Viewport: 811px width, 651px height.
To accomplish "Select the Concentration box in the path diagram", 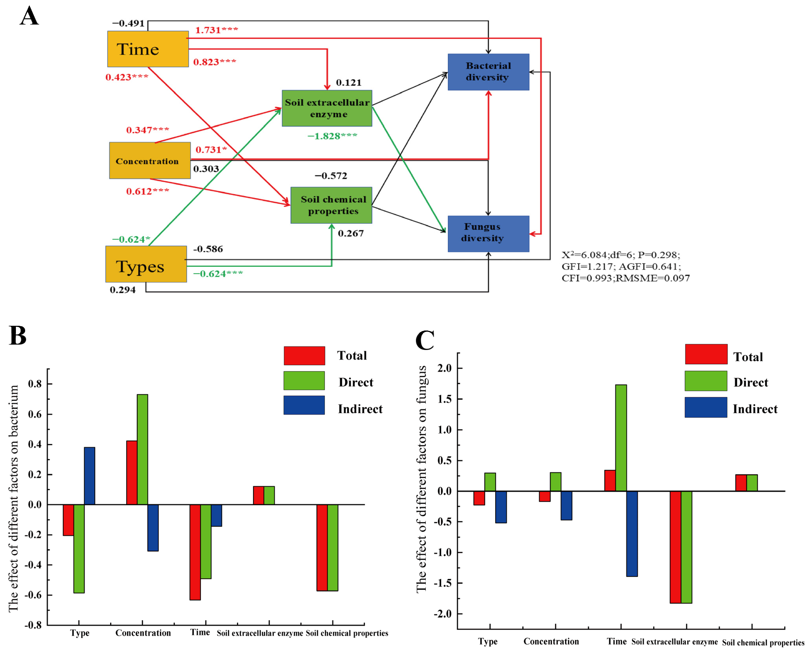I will click(x=150, y=160).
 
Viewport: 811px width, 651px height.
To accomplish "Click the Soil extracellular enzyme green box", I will click(x=327, y=108).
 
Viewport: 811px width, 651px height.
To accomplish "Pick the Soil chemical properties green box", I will click(x=331, y=205).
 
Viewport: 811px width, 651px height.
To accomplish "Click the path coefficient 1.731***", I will click(x=216, y=30).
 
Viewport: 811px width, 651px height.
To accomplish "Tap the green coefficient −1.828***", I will click(x=332, y=136).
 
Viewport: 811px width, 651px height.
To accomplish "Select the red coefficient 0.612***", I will click(x=147, y=191).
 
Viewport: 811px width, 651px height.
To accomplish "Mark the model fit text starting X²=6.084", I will click(x=625, y=267).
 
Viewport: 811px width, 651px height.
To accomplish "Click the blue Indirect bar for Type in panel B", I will click(x=90, y=476).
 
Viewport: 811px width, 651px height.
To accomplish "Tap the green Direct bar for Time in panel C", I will click(x=621, y=438).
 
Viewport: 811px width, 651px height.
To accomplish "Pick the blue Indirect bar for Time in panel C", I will click(x=632, y=533).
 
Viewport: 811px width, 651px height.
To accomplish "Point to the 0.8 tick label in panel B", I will click(x=36, y=384).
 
